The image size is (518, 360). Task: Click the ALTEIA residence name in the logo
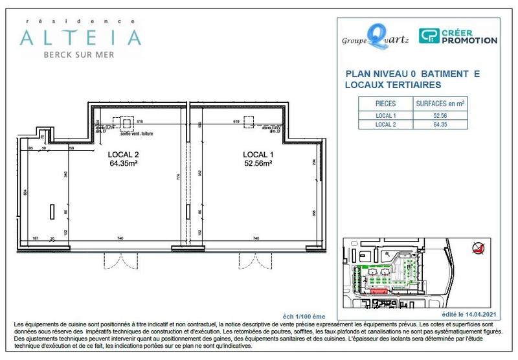coord(80,37)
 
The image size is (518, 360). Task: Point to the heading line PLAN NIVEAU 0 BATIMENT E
coord(413,74)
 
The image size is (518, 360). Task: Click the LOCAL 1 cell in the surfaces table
coord(385,115)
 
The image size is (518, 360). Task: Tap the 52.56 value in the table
coord(441,115)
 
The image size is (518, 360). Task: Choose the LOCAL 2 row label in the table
coord(385,124)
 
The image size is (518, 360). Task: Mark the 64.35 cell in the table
coord(441,124)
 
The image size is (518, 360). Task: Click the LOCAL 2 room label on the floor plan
coord(123,155)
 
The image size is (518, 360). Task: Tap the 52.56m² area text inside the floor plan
coord(257,164)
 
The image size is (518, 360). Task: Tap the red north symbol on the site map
coord(478,247)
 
